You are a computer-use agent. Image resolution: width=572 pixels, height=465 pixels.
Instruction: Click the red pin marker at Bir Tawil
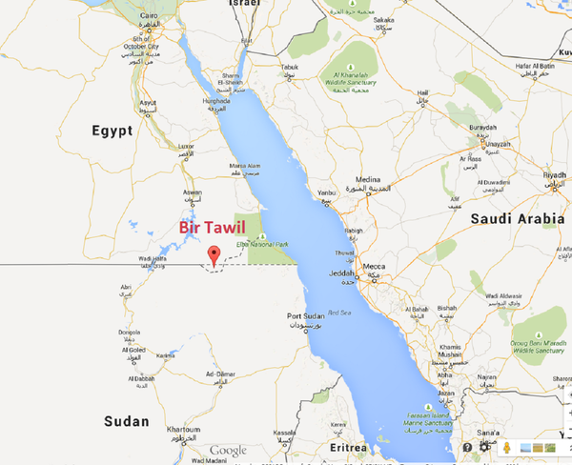coord(214,254)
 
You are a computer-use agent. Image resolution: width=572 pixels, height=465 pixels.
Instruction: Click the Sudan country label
coord(127,420)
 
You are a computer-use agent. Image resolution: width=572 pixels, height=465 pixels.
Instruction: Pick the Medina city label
coord(369,179)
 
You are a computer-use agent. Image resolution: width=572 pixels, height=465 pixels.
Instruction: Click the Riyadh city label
coord(556,175)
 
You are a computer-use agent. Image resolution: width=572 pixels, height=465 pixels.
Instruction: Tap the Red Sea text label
coord(340,313)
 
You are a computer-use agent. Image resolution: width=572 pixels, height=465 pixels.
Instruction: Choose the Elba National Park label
coord(271,247)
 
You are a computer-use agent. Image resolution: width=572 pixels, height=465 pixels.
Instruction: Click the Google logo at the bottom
coord(229,451)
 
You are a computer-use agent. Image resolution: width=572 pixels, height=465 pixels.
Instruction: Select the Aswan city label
coord(193,192)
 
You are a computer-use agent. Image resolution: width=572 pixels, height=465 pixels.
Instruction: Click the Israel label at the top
coord(244,5)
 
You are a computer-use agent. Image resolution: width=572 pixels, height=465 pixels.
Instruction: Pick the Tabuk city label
coord(290,66)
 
